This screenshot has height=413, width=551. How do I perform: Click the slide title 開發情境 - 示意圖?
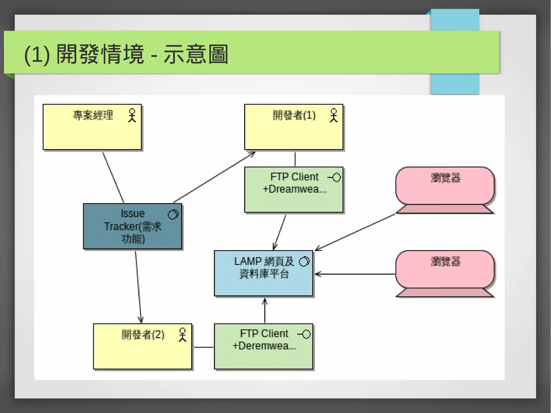click(x=126, y=54)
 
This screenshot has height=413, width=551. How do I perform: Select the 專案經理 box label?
click(x=93, y=115)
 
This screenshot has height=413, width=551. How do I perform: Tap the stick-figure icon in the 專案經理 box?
click(x=132, y=115)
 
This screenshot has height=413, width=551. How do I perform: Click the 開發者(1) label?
click(x=294, y=115)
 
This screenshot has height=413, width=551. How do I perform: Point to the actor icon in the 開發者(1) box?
click(x=334, y=115)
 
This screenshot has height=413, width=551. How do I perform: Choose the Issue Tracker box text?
click(x=133, y=226)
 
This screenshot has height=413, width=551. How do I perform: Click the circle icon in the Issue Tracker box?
click(x=173, y=214)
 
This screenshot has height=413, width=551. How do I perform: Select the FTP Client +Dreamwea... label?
click(x=294, y=183)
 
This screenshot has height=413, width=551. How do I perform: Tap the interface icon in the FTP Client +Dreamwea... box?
click(x=334, y=177)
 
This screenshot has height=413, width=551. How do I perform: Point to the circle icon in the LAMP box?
click(x=304, y=262)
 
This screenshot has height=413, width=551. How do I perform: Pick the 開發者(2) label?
click(x=143, y=335)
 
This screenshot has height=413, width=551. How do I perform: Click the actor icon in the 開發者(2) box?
click(x=182, y=335)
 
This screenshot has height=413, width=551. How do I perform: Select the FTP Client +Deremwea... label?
click(x=264, y=340)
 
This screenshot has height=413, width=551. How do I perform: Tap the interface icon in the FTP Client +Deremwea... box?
click(x=304, y=334)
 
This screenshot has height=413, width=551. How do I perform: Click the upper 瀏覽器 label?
click(x=445, y=178)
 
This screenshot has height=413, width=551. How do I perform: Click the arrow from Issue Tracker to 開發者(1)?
click(x=214, y=178)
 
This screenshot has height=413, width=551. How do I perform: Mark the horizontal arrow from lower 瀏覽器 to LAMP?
click(x=355, y=274)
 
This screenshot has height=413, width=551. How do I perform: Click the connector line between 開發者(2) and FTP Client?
click(x=204, y=347)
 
